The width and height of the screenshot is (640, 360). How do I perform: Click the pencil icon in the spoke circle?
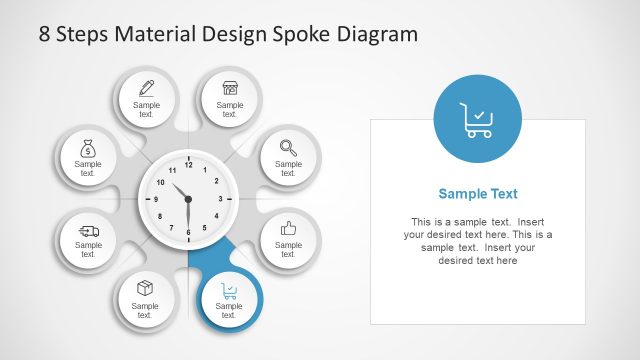click(x=146, y=87)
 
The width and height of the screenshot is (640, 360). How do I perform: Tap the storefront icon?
click(x=230, y=87)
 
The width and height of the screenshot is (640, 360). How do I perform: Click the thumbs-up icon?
click(x=288, y=228)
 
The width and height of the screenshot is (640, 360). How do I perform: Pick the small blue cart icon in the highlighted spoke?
click(x=230, y=291)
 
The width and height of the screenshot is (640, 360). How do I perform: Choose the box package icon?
click(x=146, y=289)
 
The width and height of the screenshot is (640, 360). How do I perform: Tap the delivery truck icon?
click(x=88, y=229)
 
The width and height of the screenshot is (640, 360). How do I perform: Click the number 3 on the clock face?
click(x=219, y=199)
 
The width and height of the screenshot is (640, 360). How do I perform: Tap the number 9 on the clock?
click(x=156, y=199)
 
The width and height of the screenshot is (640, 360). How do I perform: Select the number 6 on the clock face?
click(x=187, y=231)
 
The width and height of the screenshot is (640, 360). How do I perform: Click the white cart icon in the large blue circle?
click(x=477, y=119)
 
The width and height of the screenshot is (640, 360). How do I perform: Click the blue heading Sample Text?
click(x=478, y=194)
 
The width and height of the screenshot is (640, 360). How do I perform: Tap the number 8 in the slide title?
click(x=45, y=34)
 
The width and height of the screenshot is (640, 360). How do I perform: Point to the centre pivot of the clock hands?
click(x=187, y=198)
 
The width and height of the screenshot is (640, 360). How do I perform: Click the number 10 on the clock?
click(x=160, y=182)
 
